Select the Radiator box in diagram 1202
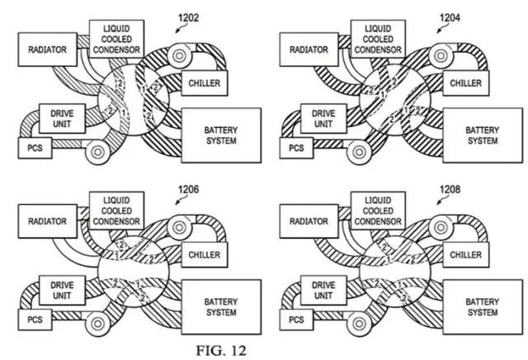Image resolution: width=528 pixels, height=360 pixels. tap(43, 50)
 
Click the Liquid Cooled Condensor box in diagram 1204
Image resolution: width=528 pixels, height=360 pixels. tap(377, 37)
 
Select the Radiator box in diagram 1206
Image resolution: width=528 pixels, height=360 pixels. tap(43, 221)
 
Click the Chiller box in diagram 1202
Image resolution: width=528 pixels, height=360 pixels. tap(203, 83)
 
